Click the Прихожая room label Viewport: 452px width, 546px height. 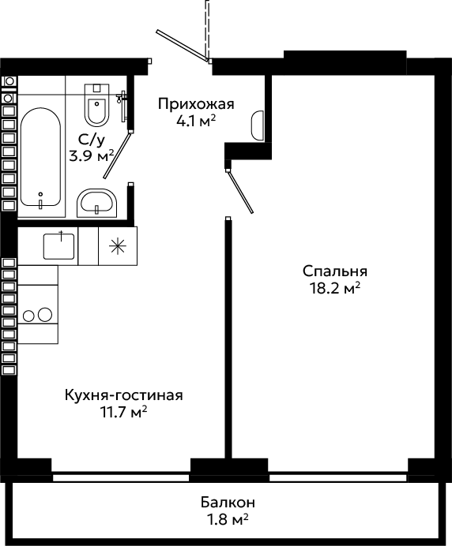coord(196,104)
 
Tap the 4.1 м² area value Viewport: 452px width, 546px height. coord(196,122)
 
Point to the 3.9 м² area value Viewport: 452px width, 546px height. coord(92,155)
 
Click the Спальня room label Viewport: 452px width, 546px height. coord(335,271)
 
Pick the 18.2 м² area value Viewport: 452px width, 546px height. coord(335,288)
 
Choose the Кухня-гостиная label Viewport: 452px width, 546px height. coord(124,395)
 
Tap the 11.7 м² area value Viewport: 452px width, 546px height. coord(124,413)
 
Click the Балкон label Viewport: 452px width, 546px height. coord(228,503)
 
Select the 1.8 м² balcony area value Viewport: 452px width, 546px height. coord(228,520)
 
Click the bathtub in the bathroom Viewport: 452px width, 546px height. coord(40,157)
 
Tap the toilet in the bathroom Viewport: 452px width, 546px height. coord(97,104)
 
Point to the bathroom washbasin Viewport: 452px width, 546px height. coord(96,203)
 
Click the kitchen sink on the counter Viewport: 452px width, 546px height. coord(59,246)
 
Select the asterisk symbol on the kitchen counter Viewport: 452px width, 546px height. coord(118,246)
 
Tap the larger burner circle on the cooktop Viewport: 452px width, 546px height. coord(44,315)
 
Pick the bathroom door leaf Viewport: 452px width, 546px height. coord(118,155)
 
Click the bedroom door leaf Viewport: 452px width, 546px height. coord(240,191)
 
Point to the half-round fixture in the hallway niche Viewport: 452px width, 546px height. coord(258,125)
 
